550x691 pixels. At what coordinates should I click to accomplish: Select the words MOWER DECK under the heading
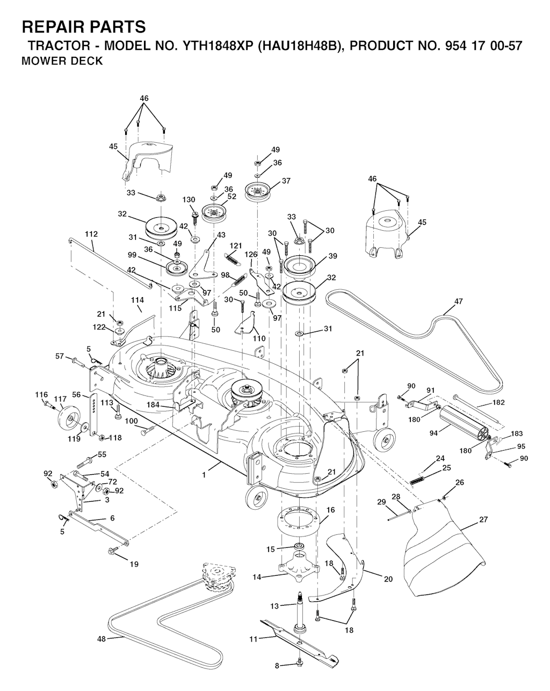(x=62, y=61)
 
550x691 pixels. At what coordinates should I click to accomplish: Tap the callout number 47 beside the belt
(x=458, y=302)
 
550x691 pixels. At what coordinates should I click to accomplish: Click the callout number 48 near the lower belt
(x=102, y=639)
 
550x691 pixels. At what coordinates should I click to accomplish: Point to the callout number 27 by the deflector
(x=483, y=520)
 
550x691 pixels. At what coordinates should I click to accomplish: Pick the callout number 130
(x=189, y=200)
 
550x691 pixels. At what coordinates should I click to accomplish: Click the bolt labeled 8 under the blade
(x=299, y=665)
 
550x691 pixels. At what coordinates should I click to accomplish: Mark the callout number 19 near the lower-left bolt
(x=134, y=564)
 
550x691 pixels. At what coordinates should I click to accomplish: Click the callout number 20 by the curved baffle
(x=388, y=579)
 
